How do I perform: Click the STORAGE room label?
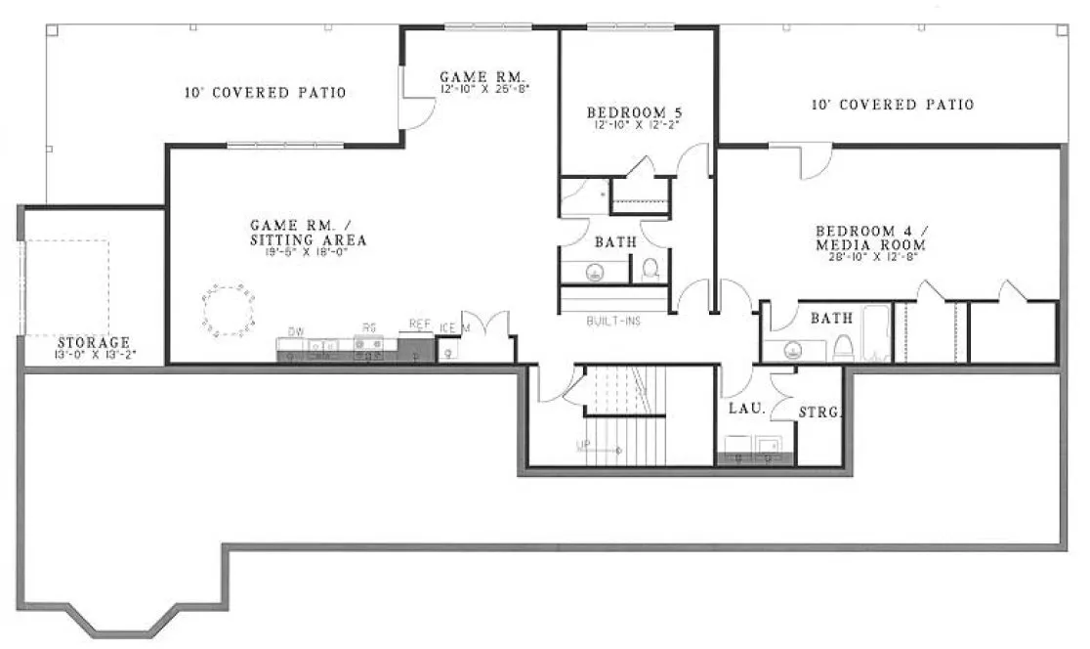94,342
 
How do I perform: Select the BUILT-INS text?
613,321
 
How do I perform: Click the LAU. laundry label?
745,408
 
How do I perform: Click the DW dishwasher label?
296,331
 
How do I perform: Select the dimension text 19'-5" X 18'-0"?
308,252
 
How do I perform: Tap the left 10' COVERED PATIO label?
266,94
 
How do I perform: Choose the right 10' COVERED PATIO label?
893,105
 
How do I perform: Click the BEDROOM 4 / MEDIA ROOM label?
871,238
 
